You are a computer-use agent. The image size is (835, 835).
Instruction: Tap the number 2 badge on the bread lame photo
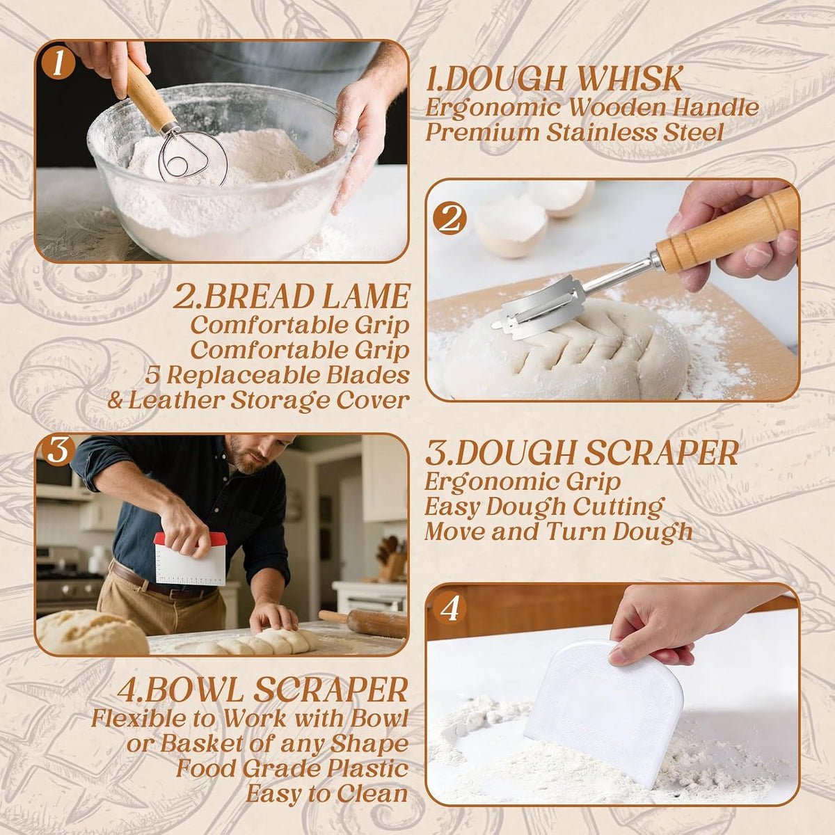click(450, 218)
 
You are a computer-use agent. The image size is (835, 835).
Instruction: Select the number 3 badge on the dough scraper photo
click(58, 451)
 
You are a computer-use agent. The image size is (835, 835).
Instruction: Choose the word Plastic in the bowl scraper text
click(367, 768)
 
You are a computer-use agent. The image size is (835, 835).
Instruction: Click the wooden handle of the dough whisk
click(149, 94)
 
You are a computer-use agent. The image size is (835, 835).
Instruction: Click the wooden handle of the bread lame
click(727, 230)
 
